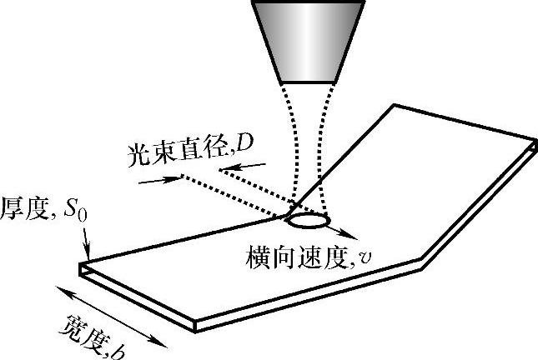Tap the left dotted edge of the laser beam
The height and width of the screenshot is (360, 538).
point(288,150)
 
